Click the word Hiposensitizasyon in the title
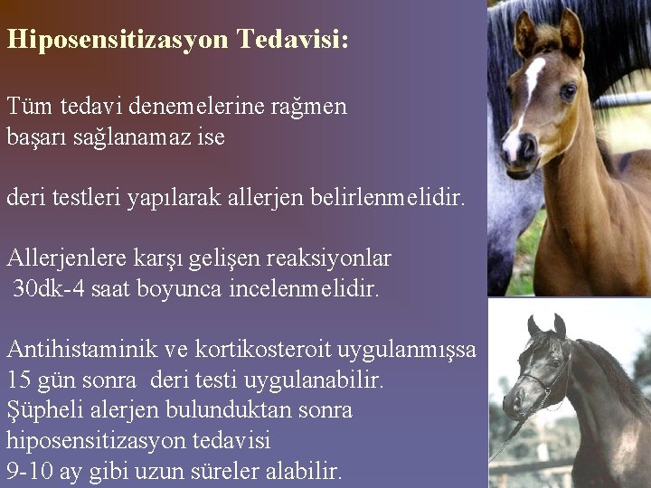pos(118,40)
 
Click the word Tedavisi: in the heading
pos(293,40)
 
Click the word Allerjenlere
pos(70,258)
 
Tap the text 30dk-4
pos(50,289)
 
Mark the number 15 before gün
pos(19,380)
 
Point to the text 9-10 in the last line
pos(30,471)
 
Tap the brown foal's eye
pos(568,90)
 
